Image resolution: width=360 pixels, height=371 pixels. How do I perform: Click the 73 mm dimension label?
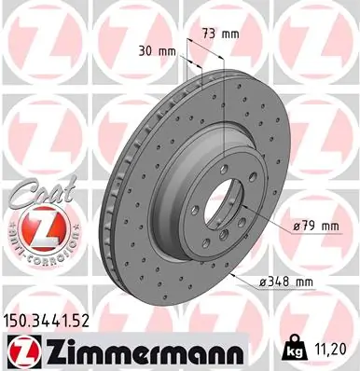pos(220,34)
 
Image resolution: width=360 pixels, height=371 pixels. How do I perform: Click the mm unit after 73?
pos(229,34)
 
